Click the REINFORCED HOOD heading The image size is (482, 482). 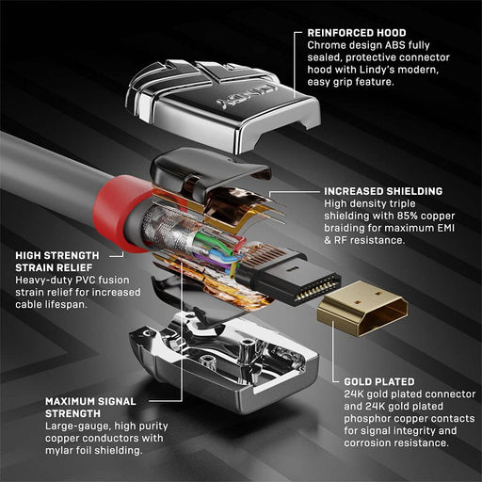[x=361, y=32]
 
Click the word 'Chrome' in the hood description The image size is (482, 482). [x=328, y=47]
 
